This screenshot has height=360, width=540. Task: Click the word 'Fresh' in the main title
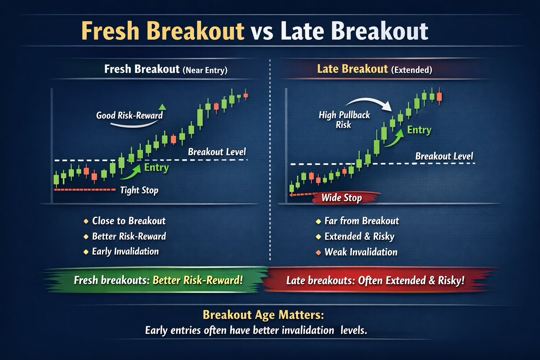click(x=110, y=31)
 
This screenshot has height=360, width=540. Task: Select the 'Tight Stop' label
click(x=139, y=190)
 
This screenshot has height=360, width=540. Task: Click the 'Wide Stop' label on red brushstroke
click(x=341, y=198)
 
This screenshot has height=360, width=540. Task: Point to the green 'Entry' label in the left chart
click(x=156, y=167)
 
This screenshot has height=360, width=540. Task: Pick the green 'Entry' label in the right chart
click(x=419, y=130)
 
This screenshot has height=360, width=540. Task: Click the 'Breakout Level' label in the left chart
click(x=217, y=152)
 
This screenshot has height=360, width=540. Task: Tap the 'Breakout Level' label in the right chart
click(x=444, y=156)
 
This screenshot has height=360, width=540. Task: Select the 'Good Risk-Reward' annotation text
click(x=129, y=115)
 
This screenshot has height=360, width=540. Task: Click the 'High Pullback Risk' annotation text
click(x=344, y=120)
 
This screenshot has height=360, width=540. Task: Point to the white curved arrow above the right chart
click(x=369, y=102)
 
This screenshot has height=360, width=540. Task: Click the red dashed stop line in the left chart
click(x=84, y=189)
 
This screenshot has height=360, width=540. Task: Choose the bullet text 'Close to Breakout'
click(x=129, y=221)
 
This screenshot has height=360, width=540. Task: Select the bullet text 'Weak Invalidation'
click(x=361, y=252)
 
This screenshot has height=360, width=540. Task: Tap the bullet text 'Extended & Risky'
click(x=359, y=236)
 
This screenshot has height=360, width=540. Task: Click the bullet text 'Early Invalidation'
click(x=125, y=251)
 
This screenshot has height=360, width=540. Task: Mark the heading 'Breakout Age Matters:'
click(x=263, y=315)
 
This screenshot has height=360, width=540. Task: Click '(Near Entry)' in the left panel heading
click(x=205, y=70)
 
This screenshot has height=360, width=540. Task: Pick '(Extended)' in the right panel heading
click(x=411, y=70)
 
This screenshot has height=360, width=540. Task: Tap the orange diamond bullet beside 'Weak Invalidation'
click(x=318, y=252)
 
